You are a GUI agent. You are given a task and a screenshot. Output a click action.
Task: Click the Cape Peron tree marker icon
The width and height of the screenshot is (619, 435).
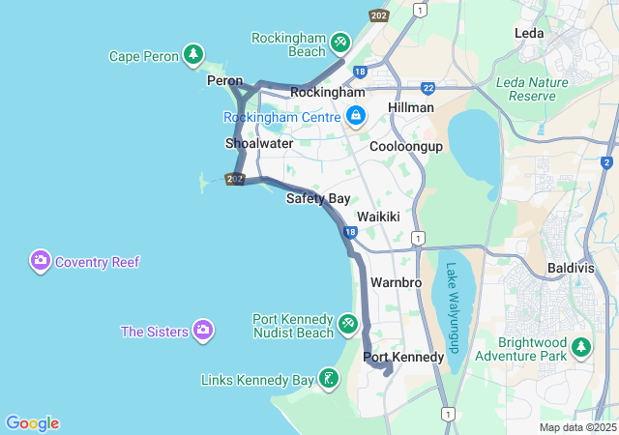click(194, 55)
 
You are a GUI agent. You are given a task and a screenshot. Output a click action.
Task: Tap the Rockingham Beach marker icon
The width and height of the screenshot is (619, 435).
click(340, 43)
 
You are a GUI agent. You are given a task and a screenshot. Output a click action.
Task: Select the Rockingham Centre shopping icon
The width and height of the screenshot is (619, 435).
click(356, 116)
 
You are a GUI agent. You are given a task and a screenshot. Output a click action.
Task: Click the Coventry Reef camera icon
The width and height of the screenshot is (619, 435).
click(41, 261)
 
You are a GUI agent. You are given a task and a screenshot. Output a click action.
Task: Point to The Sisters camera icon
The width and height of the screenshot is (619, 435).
click(203, 331)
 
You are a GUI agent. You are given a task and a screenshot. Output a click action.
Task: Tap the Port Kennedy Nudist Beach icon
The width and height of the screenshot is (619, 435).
click(348, 324)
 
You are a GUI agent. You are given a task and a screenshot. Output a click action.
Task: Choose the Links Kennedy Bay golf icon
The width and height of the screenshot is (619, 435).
click(330, 379)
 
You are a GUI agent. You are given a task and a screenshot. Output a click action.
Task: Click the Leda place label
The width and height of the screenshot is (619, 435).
click(529, 33)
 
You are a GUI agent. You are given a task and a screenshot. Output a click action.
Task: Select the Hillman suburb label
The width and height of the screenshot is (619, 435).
click(410, 107)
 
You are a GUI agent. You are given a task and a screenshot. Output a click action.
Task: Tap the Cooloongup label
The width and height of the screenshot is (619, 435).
click(406, 146)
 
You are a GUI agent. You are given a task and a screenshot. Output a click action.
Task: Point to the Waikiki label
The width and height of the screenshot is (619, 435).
click(378, 217)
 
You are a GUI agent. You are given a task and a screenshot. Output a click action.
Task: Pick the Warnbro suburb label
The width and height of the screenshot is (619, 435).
click(394, 283)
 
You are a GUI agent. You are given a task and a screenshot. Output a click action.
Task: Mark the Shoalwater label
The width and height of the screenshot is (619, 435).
click(259, 143)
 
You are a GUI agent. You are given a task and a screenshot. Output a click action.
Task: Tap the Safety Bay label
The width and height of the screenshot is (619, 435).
click(318, 199)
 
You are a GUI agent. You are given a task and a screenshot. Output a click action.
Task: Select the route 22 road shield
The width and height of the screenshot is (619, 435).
click(427, 87)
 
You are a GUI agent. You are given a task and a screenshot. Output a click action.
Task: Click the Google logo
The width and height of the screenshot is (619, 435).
click(32, 422)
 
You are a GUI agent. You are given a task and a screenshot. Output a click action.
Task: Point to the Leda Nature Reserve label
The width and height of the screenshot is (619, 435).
click(531, 89)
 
